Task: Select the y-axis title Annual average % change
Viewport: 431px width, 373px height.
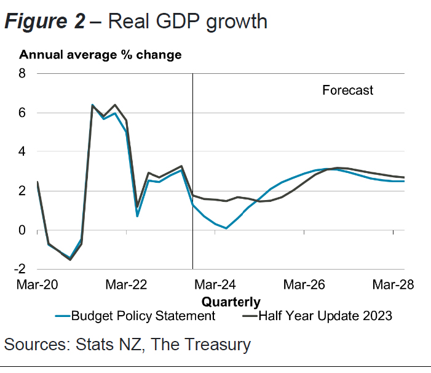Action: pyautogui.click(x=100, y=55)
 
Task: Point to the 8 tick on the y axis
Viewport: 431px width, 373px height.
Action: pyautogui.click(x=23, y=73)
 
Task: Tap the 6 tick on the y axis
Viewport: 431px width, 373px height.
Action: pyautogui.click(x=23, y=113)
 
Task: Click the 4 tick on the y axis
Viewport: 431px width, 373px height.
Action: pyautogui.click(x=23, y=151)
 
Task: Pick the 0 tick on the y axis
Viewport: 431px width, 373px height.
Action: pyautogui.click(x=23, y=230)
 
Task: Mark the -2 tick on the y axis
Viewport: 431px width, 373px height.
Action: pyautogui.click(x=21, y=269)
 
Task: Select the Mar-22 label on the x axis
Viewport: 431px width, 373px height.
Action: pyautogui.click(x=126, y=285)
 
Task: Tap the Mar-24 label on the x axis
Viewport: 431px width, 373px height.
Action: pyautogui.click(x=215, y=285)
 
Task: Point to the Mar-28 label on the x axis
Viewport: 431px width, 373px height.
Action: pyautogui.click(x=393, y=285)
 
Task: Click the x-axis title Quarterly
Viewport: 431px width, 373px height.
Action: pyautogui.click(x=231, y=302)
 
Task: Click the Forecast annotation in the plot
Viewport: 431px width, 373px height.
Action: pyautogui.click(x=347, y=90)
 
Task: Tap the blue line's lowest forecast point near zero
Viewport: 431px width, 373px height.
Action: pyautogui.click(x=226, y=228)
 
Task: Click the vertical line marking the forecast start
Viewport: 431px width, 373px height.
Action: pyautogui.click(x=193, y=154)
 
